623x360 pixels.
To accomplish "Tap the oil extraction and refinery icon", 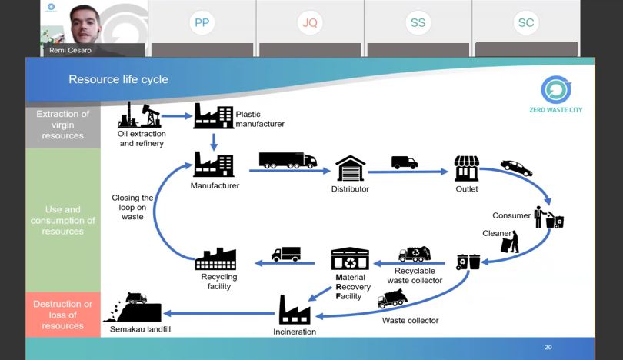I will [139, 115].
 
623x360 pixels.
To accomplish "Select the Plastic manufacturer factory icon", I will [213, 116].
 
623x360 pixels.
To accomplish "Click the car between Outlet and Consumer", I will [515, 167].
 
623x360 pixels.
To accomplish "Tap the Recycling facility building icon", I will [215, 258].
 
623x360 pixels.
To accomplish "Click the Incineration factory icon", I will [294, 309].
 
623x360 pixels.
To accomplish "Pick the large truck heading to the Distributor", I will [287, 159].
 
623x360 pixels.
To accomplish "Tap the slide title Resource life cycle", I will [118, 79].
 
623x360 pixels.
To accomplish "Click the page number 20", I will [548, 347].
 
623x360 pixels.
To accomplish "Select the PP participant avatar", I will [202, 23].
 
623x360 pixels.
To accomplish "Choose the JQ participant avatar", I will [309, 23].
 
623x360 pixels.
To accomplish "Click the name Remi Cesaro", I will [69, 50].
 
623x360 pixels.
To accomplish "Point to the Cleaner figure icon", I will [510, 242].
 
